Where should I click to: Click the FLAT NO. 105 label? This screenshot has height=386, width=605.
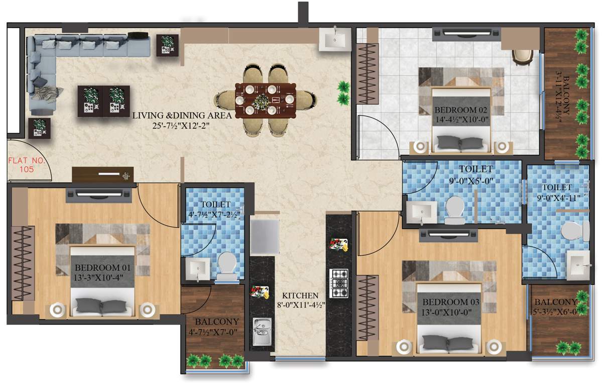(27, 165)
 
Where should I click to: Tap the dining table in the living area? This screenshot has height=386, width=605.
(265, 100)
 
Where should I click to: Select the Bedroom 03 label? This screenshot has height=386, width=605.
(450, 302)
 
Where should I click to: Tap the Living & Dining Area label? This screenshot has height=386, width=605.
(182, 116)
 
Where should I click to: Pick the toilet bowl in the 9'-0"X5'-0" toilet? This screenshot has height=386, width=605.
(455, 210)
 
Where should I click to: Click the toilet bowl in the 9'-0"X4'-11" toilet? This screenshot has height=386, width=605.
(574, 231)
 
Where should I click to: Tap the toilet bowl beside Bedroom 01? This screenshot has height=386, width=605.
(227, 265)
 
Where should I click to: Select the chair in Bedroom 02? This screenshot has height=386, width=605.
(522, 55)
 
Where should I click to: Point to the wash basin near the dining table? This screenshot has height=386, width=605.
(334, 39)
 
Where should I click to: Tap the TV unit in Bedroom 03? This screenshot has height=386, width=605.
(449, 234)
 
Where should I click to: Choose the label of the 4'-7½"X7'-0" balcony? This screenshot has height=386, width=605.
(216, 321)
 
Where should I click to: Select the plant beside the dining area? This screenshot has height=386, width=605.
(343, 92)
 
